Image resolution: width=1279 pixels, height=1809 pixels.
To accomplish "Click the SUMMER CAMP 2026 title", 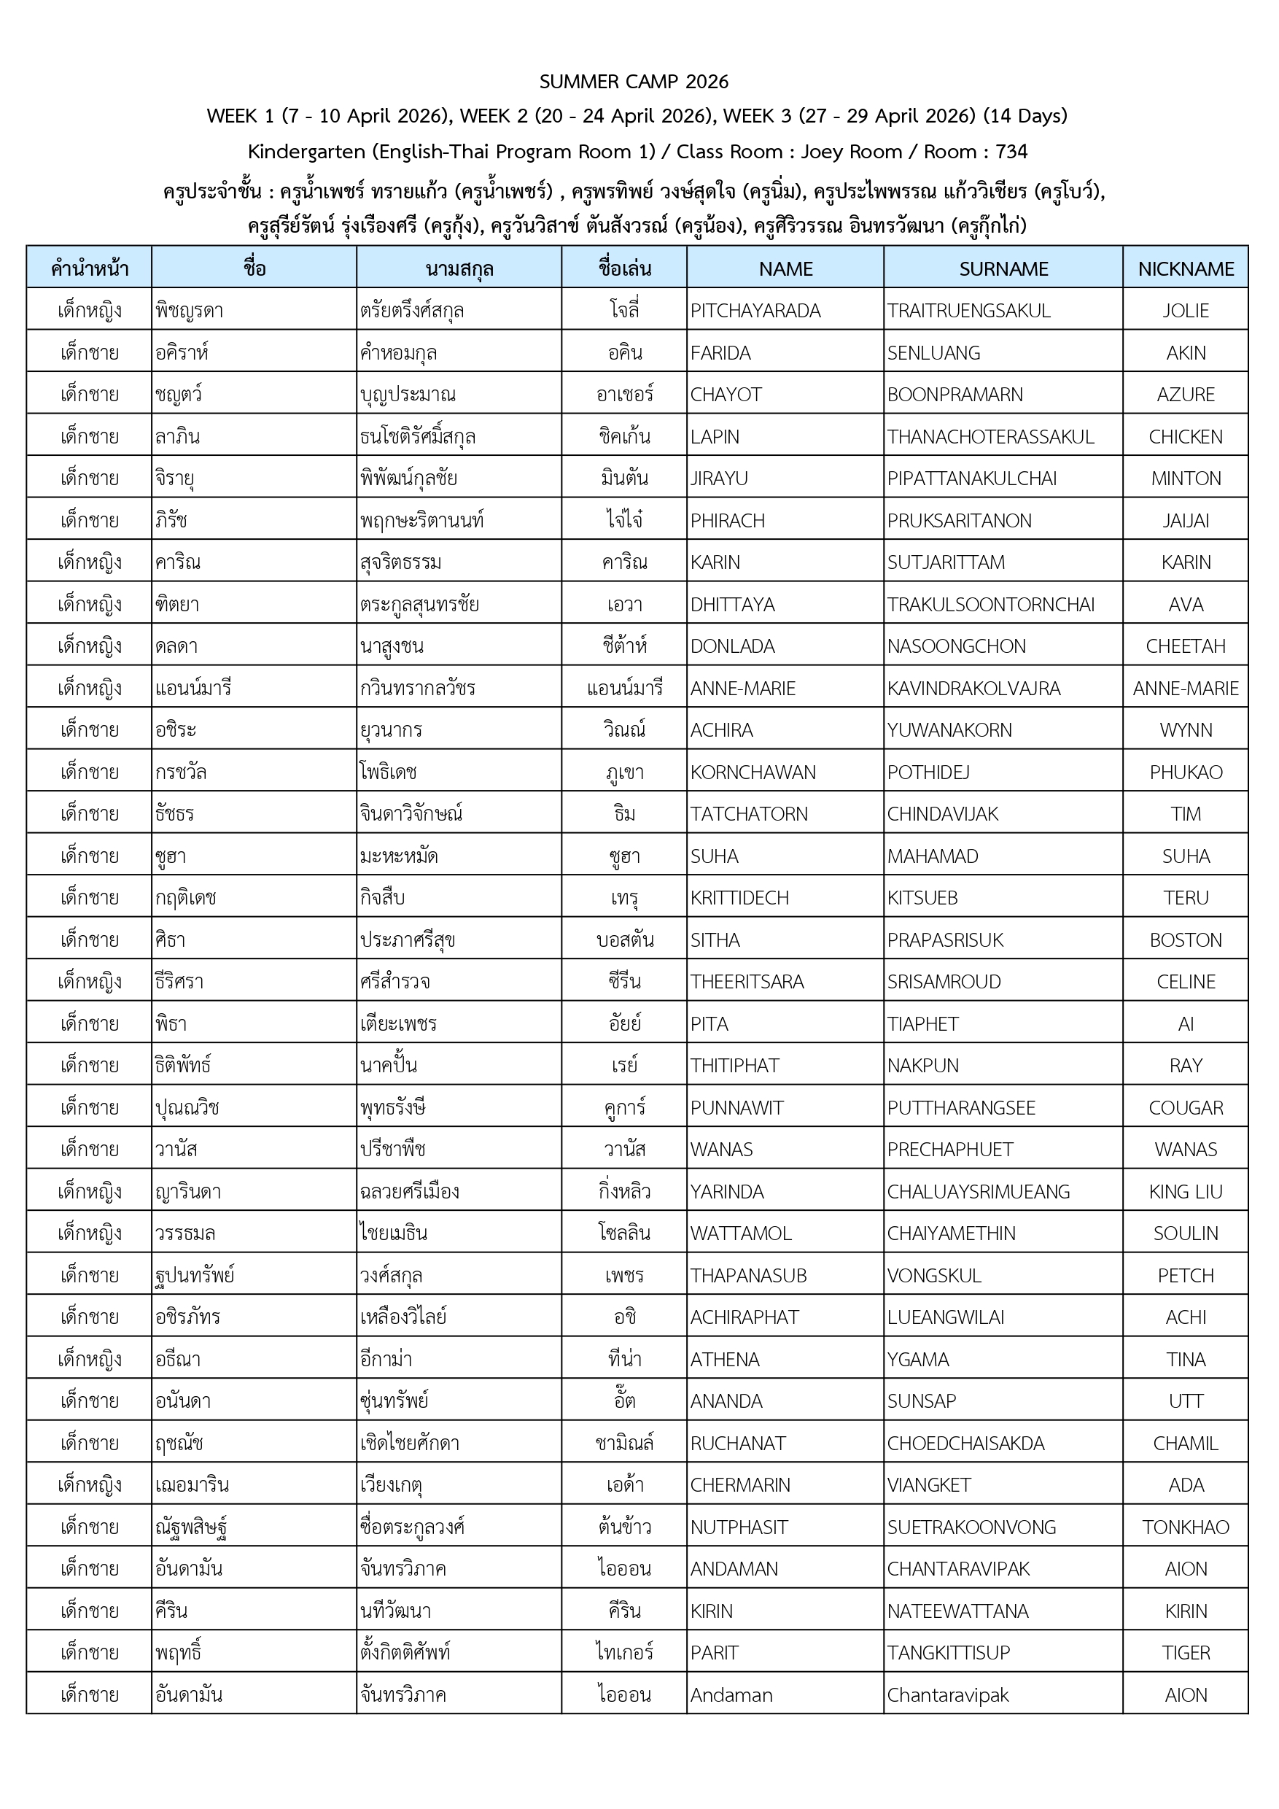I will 634,81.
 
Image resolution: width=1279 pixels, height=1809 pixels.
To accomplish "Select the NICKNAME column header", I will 1185,268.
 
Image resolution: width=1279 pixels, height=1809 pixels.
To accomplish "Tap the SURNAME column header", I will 1003,268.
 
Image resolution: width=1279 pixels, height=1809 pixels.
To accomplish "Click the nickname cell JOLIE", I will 1185,311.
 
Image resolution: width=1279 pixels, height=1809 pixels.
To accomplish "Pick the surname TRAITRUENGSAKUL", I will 968,311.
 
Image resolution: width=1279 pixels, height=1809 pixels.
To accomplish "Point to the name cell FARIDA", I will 720,353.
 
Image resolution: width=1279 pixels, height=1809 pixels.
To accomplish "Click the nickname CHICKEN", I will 1185,436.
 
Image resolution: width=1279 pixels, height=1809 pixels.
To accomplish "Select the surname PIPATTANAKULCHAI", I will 972,479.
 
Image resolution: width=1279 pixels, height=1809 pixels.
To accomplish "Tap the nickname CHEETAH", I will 1185,646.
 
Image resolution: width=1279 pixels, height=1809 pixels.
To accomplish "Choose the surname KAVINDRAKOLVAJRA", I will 973,688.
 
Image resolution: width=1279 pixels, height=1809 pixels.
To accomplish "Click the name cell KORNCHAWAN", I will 753,772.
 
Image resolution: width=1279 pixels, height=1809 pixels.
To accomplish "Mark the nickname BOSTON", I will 1185,940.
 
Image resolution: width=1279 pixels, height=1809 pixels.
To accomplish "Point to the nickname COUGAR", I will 1185,1108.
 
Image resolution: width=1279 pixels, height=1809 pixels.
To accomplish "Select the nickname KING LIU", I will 1185,1191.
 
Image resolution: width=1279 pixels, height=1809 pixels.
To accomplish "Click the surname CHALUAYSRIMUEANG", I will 978,1191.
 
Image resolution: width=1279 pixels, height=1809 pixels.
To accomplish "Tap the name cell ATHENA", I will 725,1359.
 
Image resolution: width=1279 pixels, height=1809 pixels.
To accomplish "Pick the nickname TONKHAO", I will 1185,1527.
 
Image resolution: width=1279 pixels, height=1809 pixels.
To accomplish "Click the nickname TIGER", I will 1185,1652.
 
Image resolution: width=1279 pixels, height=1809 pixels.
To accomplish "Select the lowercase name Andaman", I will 731,1694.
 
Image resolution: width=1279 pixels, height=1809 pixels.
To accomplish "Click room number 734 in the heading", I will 1011,151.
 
